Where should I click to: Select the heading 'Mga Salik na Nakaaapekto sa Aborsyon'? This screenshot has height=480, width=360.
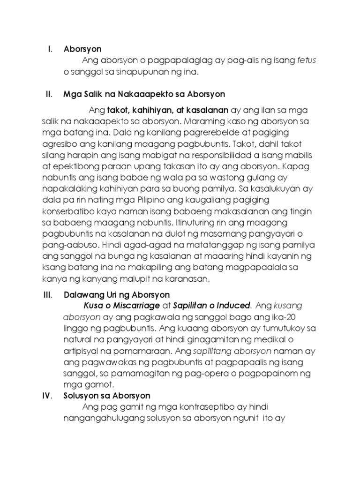pos(144,94)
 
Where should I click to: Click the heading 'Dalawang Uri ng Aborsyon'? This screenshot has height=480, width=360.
pos(116,295)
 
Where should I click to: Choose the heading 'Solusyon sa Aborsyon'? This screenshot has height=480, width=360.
pos(107,396)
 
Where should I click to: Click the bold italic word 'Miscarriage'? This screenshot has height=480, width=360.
pos(130,305)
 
